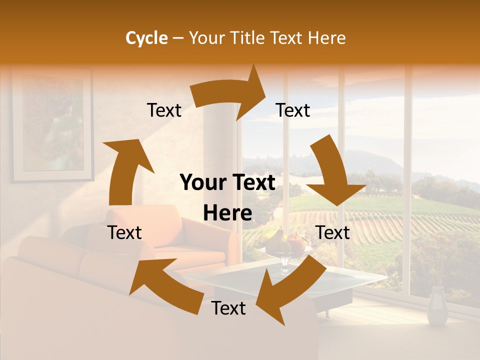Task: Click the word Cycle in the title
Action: (146, 38)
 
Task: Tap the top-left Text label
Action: (164, 110)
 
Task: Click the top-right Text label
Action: (293, 110)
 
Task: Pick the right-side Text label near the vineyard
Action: (333, 232)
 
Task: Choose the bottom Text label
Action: (228, 308)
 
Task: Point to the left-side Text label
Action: (124, 232)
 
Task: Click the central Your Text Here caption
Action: (228, 197)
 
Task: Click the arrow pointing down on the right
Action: (333, 175)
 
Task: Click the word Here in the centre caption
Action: (228, 213)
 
